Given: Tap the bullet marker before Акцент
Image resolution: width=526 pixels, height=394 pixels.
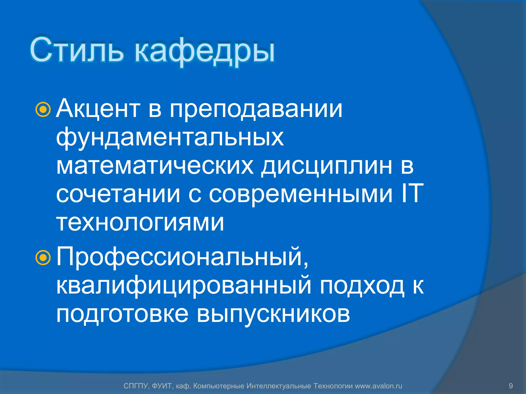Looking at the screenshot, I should tap(43, 110).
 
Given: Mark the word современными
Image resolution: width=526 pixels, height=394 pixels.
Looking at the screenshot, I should tap(300, 194).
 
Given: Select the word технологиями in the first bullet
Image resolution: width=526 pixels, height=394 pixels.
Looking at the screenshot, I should tap(140, 222).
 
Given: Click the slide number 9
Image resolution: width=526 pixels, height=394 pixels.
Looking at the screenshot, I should tap(511, 386).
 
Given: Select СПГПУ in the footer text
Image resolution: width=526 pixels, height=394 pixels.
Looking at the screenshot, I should tap(135, 386).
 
